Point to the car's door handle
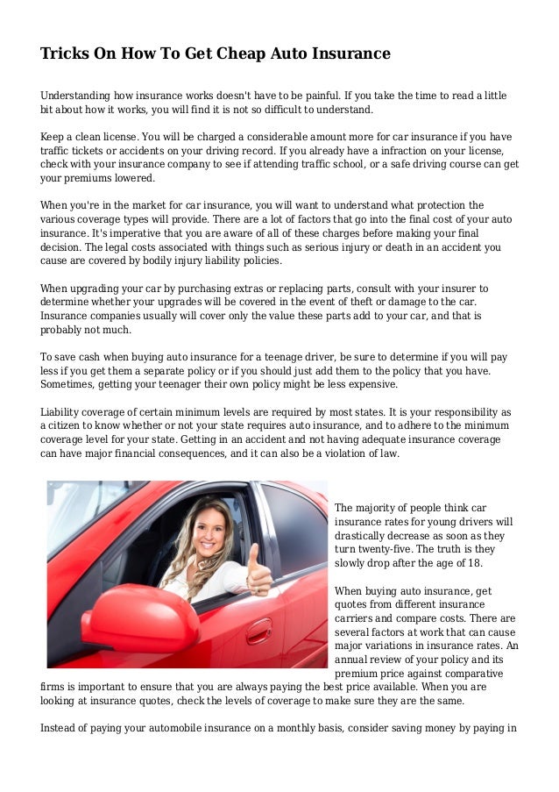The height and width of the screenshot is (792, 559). [258, 631]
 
